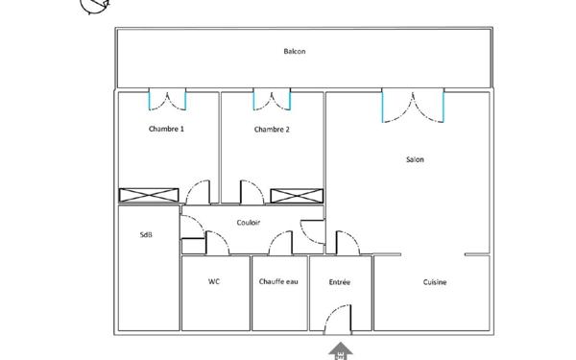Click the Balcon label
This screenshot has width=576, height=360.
tap(295, 52)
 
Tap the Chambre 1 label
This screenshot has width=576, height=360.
tap(166, 129)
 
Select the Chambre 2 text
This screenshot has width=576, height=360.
tap(272, 129)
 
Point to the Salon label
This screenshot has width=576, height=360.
tap(415, 159)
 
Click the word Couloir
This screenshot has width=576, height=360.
tap(249, 223)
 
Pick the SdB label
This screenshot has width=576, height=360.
tap(146, 234)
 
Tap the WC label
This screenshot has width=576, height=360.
tap(214, 282)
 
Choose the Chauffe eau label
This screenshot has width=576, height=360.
tap(278, 282)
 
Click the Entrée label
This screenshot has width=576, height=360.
tap(339, 282)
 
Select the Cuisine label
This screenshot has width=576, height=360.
tap(435, 282)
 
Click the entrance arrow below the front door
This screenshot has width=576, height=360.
tap(340, 349)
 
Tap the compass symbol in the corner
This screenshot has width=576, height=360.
tap(94, 8)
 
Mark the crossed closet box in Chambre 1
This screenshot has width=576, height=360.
tap(149, 195)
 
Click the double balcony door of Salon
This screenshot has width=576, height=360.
tap(413, 105)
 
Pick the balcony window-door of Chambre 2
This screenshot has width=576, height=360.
tap(272, 100)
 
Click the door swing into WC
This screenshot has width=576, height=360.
tap(217, 245)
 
